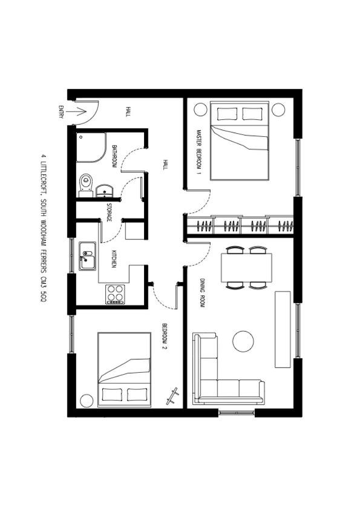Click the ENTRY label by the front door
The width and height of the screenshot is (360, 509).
tap(61, 112)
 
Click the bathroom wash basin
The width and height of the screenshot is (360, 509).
tap(105, 191)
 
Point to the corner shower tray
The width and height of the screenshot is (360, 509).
tap(91, 148)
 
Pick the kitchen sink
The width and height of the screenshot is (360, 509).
tap(88, 256)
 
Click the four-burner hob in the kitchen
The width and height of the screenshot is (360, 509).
tap(116, 294)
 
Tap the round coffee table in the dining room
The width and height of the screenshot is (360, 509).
tap(243, 341)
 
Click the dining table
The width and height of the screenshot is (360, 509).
tap(246, 268)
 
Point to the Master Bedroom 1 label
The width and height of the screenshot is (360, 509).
tap(199, 153)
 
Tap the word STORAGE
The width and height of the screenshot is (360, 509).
tap(109, 212)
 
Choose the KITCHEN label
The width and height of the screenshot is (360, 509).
tap(114, 258)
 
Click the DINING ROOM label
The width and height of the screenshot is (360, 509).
tap(202, 293)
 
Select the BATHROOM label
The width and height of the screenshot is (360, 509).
tap(114, 156)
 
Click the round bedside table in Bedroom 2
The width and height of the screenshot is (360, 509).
tap(87, 401)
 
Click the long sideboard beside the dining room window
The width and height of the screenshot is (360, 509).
tap(283, 329)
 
